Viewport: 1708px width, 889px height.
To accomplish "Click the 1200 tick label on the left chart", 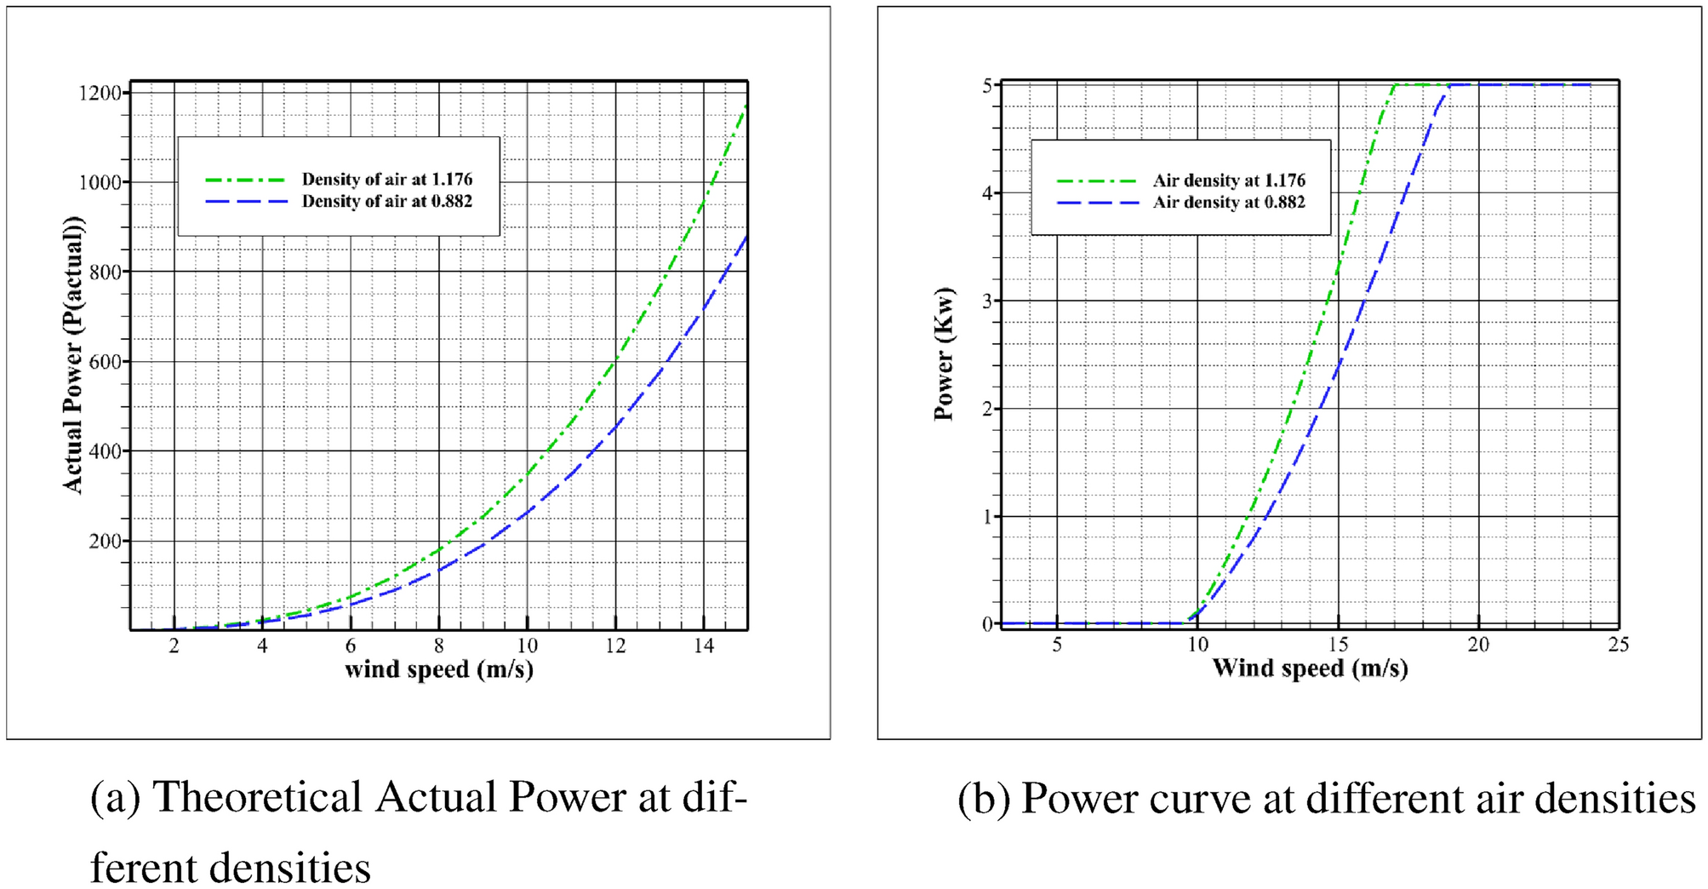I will tap(100, 94).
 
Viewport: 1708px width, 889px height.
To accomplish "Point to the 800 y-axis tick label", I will tap(105, 272).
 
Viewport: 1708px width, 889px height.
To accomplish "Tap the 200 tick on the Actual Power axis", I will tap(105, 542).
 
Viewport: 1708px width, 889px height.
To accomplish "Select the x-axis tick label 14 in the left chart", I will tap(703, 646).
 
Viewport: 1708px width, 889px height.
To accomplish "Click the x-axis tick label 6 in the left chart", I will tap(350, 646).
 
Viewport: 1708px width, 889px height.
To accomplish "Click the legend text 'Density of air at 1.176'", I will tap(386, 180).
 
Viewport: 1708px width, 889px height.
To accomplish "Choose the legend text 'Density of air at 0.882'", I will tap(386, 202).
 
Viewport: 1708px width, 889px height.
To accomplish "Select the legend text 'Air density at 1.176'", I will tap(1229, 181).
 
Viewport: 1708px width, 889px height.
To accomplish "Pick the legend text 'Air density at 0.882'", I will tap(1229, 203).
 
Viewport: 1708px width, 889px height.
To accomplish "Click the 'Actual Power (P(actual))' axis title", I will tap(74, 354).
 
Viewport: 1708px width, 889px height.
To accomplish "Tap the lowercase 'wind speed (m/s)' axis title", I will tap(439, 670).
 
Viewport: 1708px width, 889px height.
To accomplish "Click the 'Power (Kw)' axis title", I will tap(944, 354).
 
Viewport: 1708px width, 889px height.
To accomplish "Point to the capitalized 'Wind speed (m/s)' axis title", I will tap(1310, 668).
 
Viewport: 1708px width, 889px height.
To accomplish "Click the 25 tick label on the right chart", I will tap(1618, 645).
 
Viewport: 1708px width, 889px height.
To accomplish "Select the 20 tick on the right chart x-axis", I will tap(1478, 645).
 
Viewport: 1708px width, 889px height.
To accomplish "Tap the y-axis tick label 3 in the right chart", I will tap(987, 301).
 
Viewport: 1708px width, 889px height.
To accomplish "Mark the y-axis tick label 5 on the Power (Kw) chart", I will tap(987, 85).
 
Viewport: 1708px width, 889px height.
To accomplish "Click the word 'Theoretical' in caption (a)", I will tap(258, 798).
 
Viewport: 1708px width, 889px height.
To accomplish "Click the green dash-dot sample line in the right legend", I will tap(1096, 181).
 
